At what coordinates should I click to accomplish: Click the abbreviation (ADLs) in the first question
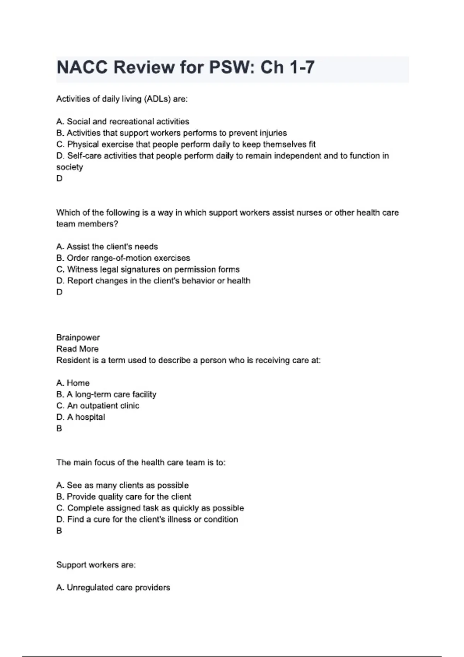tap(157, 99)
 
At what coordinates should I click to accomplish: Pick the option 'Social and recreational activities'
tap(128, 122)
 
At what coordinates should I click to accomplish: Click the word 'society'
tap(70, 167)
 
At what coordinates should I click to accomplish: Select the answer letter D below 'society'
tap(59, 179)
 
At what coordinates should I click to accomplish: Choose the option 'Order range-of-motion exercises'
tap(128, 258)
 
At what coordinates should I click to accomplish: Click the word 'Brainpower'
tap(78, 337)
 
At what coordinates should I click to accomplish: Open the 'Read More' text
tap(77, 349)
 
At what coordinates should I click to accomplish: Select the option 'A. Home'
tap(73, 383)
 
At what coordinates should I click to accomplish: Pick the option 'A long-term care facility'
tap(111, 394)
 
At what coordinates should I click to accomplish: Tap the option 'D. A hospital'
tap(80, 417)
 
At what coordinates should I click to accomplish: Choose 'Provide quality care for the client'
tap(129, 497)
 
